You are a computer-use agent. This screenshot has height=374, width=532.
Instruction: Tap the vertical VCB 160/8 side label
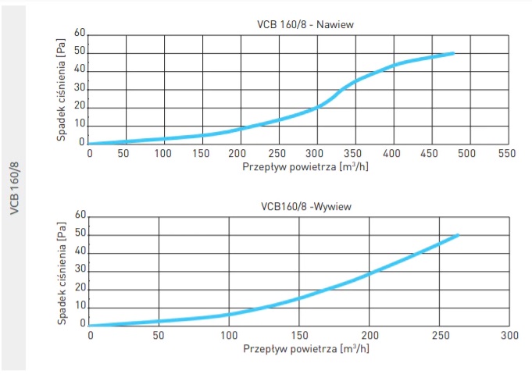(x=14, y=187)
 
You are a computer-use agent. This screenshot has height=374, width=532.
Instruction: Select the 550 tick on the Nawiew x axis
(x=506, y=153)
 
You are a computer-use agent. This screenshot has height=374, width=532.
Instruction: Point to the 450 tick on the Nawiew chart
(x=430, y=153)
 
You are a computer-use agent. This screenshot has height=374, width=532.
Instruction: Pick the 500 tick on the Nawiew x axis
(x=468, y=153)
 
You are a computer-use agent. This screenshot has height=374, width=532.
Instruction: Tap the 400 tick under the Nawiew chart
(x=392, y=153)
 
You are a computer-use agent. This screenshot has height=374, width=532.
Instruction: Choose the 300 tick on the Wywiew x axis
(x=509, y=336)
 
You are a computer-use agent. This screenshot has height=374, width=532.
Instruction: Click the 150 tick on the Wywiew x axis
(x=299, y=336)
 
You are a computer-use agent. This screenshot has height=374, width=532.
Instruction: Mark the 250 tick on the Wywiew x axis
(x=438, y=336)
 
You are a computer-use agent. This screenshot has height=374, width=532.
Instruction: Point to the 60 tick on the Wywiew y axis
(x=80, y=215)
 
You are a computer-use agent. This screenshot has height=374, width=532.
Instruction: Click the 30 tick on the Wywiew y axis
(x=80, y=271)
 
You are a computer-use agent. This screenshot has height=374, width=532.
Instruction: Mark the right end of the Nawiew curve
(x=452, y=53)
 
